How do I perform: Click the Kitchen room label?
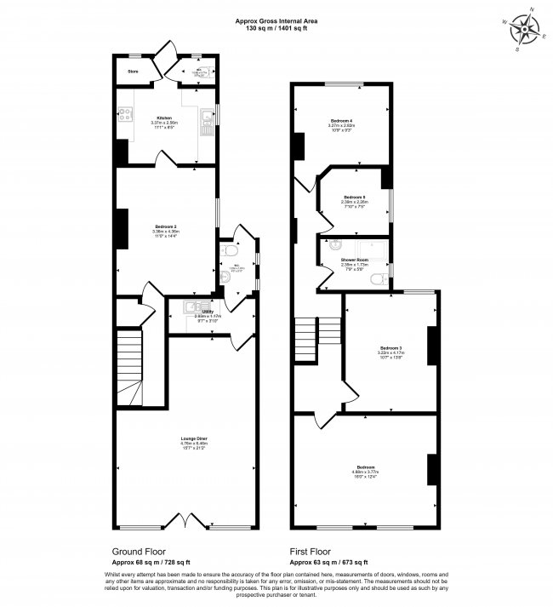point(164,117)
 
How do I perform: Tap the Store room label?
point(133,72)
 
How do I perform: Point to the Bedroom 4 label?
point(342,121)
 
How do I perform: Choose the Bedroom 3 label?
point(391,348)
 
